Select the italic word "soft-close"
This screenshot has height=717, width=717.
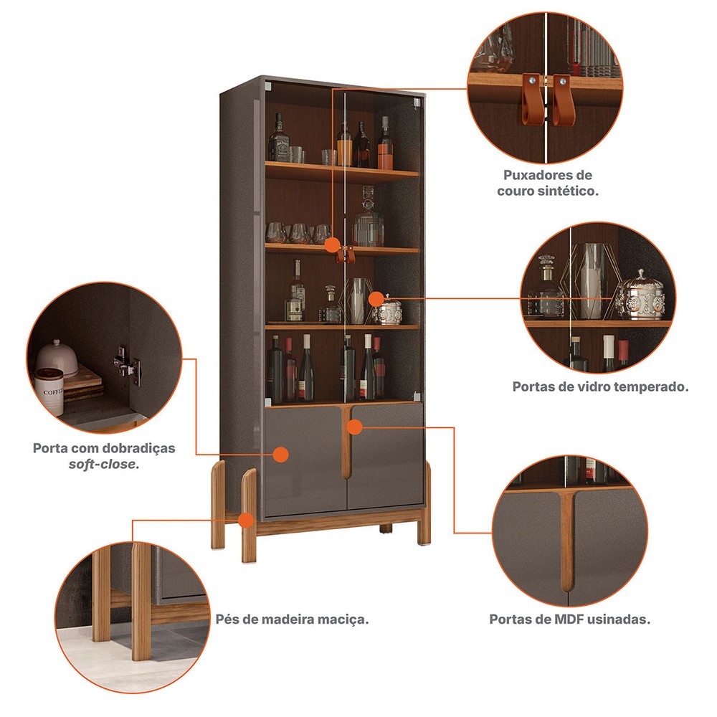[x=103, y=465]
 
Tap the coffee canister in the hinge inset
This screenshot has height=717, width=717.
[x=49, y=391]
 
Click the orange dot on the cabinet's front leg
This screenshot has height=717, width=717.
[x=246, y=521]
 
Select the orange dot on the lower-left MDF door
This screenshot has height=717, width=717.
[x=280, y=455]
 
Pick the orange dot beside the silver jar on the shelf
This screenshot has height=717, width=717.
[x=376, y=299]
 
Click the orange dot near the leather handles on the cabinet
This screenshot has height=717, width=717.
[x=333, y=244]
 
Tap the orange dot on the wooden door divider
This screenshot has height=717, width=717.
[x=354, y=427]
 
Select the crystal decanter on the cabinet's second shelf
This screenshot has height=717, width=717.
[x=368, y=217]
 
